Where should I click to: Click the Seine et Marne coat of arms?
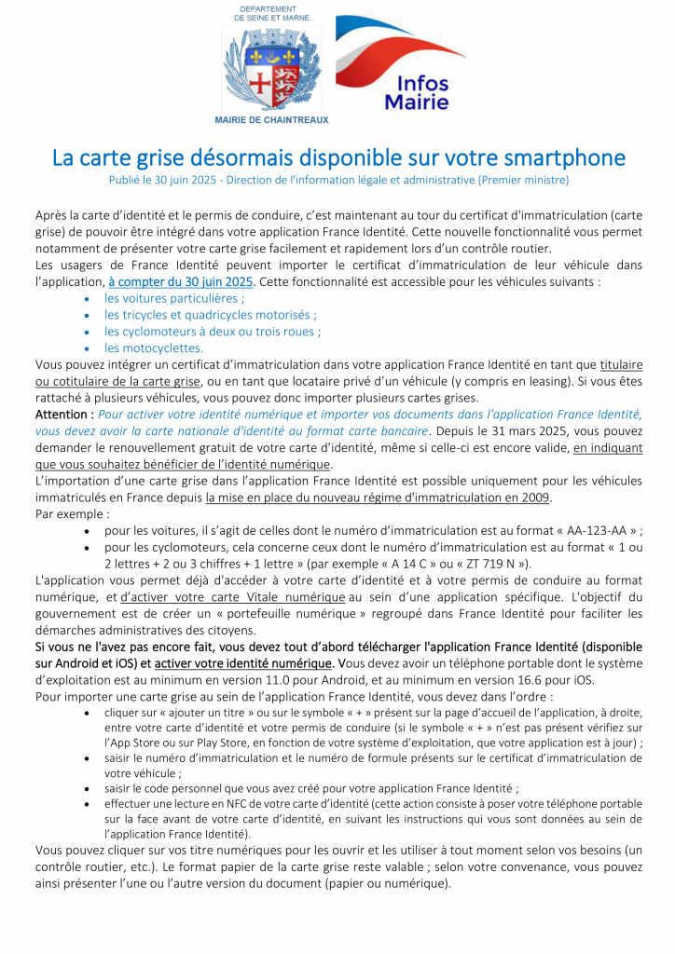pyautogui.click(x=271, y=68)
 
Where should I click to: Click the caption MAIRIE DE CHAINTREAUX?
pyautogui.click(x=271, y=120)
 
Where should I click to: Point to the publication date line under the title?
pyautogui.click(x=337, y=179)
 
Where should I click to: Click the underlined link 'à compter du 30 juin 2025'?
pyautogui.click(x=181, y=280)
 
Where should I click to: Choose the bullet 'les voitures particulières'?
pyautogui.click(x=174, y=298)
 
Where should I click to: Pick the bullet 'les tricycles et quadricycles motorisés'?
pyautogui.click(x=211, y=315)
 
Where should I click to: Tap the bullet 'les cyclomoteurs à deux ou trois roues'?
pyautogui.click(x=213, y=331)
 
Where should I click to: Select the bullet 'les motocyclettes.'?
pyautogui.click(x=154, y=348)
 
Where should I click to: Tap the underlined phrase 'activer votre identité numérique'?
pyautogui.click(x=246, y=662)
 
